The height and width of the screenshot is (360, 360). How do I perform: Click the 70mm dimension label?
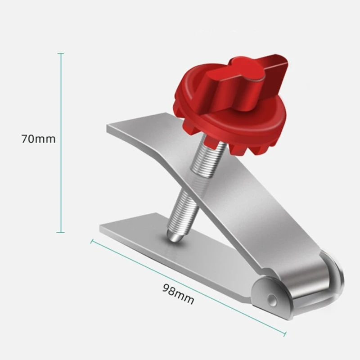(x=38, y=139)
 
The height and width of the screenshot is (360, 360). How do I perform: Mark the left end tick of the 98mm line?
(x=92, y=241)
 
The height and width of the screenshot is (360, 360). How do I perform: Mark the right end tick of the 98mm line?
(x=285, y=333)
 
